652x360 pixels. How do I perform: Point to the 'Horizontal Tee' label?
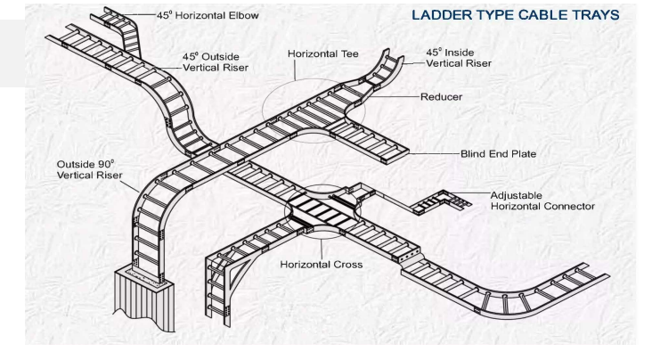click(322, 54)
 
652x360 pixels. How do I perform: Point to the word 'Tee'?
click(348, 54)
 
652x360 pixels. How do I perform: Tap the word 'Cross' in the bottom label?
click(345, 265)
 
